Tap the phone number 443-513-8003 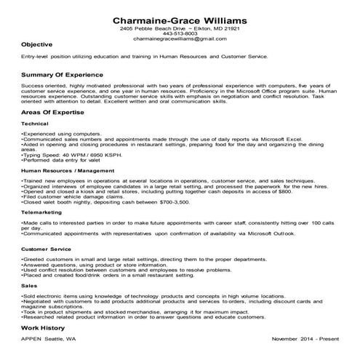(x=180, y=33)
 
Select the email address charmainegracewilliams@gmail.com (x=180, y=39)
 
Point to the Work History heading (x=45, y=329)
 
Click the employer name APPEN (x=33, y=340)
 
